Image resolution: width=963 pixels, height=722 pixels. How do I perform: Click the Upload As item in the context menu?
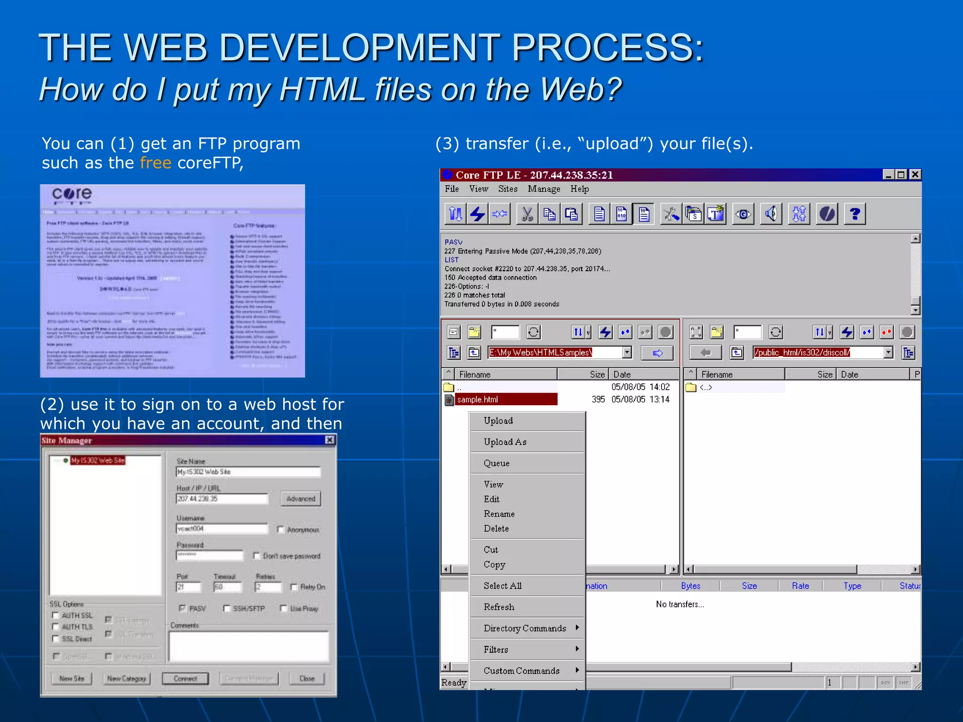pyautogui.click(x=505, y=442)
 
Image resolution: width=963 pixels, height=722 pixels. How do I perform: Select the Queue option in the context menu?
pyautogui.click(x=497, y=463)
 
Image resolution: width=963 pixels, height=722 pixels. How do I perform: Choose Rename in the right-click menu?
pyautogui.click(x=499, y=514)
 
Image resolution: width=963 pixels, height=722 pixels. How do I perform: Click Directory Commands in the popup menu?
pyautogui.click(x=525, y=628)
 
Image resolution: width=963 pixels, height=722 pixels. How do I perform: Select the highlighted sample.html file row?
pyautogui.click(x=501, y=400)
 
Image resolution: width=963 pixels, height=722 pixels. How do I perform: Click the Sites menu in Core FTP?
pyautogui.click(x=507, y=189)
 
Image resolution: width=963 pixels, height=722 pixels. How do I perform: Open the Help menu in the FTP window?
pyautogui.click(x=579, y=189)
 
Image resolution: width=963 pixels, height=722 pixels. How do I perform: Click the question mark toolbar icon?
pyautogui.click(x=854, y=214)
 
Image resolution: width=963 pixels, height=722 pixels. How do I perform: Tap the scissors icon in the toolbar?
pyautogui.click(x=527, y=214)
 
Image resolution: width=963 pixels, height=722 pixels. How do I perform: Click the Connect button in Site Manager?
pyautogui.click(x=185, y=678)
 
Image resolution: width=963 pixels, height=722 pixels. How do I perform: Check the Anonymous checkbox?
pyautogui.click(x=281, y=530)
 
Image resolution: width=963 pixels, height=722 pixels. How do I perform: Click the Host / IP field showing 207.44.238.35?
pyautogui.click(x=221, y=499)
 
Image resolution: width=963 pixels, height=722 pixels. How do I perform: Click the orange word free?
pyautogui.click(x=155, y=163)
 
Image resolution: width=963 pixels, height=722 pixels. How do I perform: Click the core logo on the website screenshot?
pyautogui.click(x=72, y=194)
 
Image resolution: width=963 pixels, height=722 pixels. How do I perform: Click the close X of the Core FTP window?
pyautogui.click(x=915, y=175)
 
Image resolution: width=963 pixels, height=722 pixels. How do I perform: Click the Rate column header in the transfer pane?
pyautogui.click(x=800, y=586)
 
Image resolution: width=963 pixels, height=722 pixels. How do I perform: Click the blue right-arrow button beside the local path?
pyautogui.click(x=657, y=353)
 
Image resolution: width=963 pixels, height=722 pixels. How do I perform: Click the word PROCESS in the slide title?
pyautogui.click(x=607, y=47)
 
